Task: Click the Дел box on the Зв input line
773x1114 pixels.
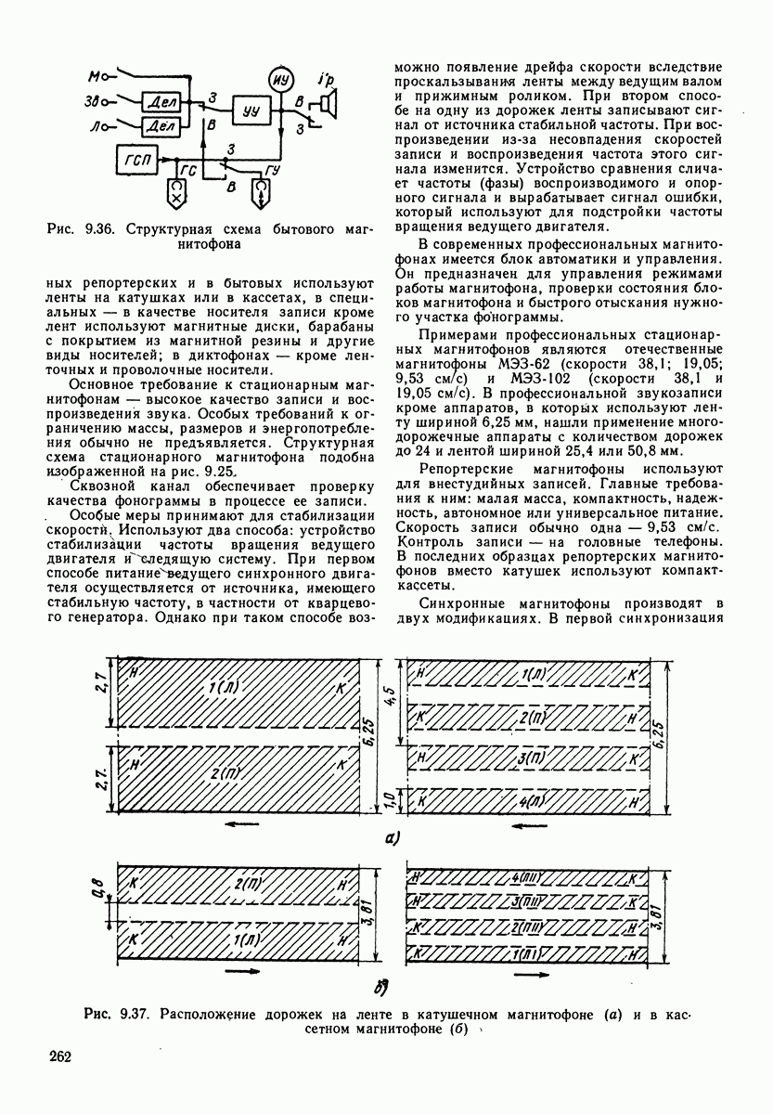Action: point(161,100)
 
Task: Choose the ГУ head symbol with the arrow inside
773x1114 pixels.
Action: point(263,193)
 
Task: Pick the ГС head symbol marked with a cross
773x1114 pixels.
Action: point(176,193)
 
